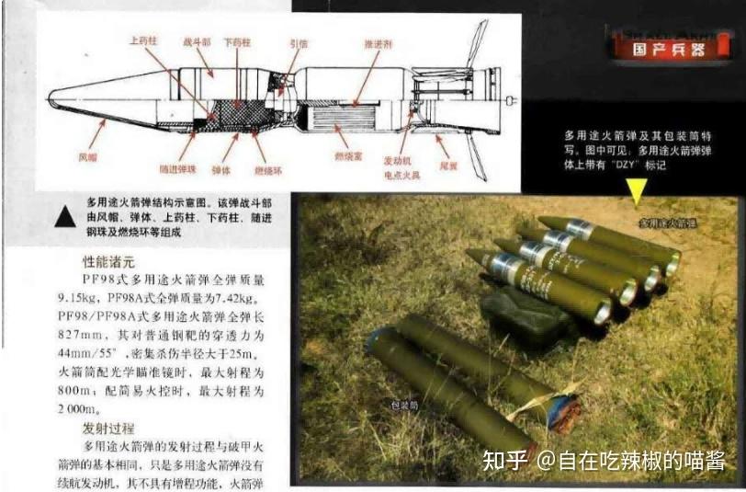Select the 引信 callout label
[x=299, y=42]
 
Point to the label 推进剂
[x=378, y=42]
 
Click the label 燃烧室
[x=346, y=158]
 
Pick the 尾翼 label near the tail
[x=447, y=166]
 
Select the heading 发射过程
[x=107, y=429]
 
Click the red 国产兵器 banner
[x=661, y=50]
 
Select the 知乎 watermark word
[x=503, y=459]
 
